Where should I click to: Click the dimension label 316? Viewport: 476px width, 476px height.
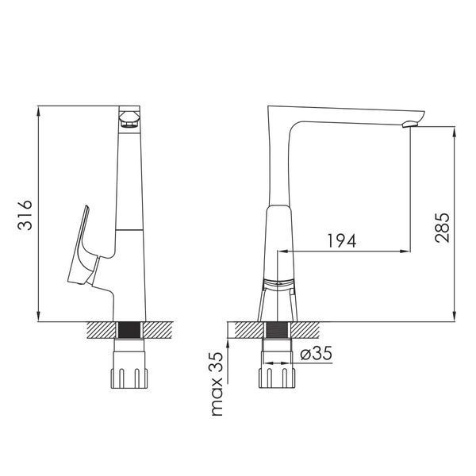pyautogui.click(x=25, y=215)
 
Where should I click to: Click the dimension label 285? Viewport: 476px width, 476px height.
pyautogui.click(x=442, y=228)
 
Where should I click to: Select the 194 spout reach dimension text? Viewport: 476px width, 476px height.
pyautogui.click(x=342, y=240)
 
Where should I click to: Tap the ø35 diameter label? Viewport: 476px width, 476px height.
pyautogui.click(x=316, y=353)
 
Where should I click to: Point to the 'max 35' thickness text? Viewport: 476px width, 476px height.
pyautogui.click(x=217, y=384)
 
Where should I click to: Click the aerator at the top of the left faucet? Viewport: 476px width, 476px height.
pyautogui.click(x=129, y=120)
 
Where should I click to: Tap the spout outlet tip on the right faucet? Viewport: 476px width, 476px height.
pyautogui.click(x=410, y=124)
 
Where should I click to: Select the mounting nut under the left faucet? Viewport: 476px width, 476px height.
pyautogui.click(x=129, y=370)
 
